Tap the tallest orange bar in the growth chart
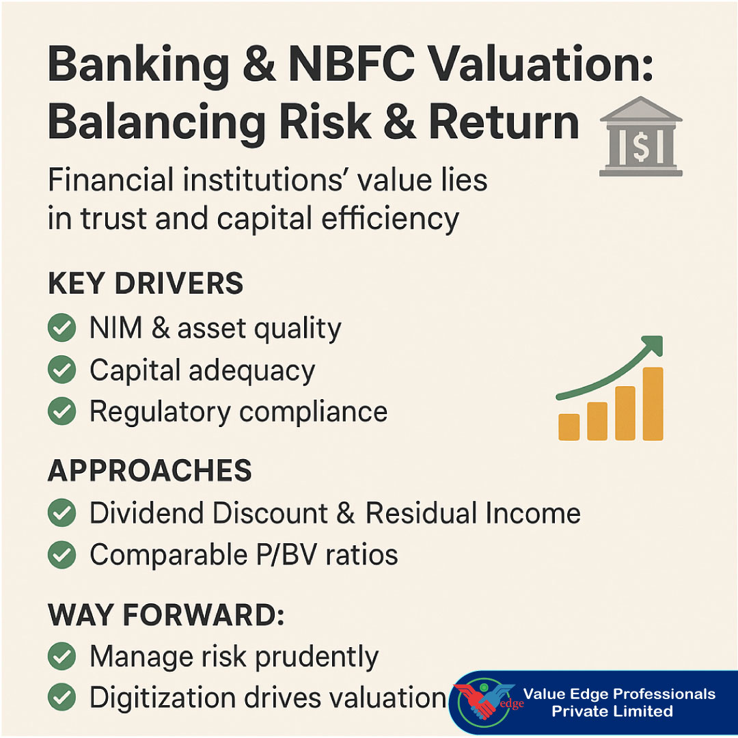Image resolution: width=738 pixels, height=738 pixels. (x=653, y=404)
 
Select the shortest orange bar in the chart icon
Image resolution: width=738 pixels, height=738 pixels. (x=569, y=426)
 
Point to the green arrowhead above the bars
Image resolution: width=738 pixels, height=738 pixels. (x=653, y=345)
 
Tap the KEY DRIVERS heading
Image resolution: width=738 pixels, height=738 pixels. (x=145, y=284)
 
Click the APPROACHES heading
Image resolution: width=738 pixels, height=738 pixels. (x=149, y=471)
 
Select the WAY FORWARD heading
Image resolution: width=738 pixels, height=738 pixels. (x=165, y=615)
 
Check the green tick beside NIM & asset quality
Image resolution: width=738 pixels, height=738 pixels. (x=61, y=329)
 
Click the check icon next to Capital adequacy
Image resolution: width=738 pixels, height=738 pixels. (x=61, y=370)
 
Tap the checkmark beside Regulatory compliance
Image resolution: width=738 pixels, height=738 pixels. (x=61, y=412)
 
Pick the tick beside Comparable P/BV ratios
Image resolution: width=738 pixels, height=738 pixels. (x=61, y=555)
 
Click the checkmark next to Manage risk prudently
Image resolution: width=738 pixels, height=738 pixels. (x=61, y=657)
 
